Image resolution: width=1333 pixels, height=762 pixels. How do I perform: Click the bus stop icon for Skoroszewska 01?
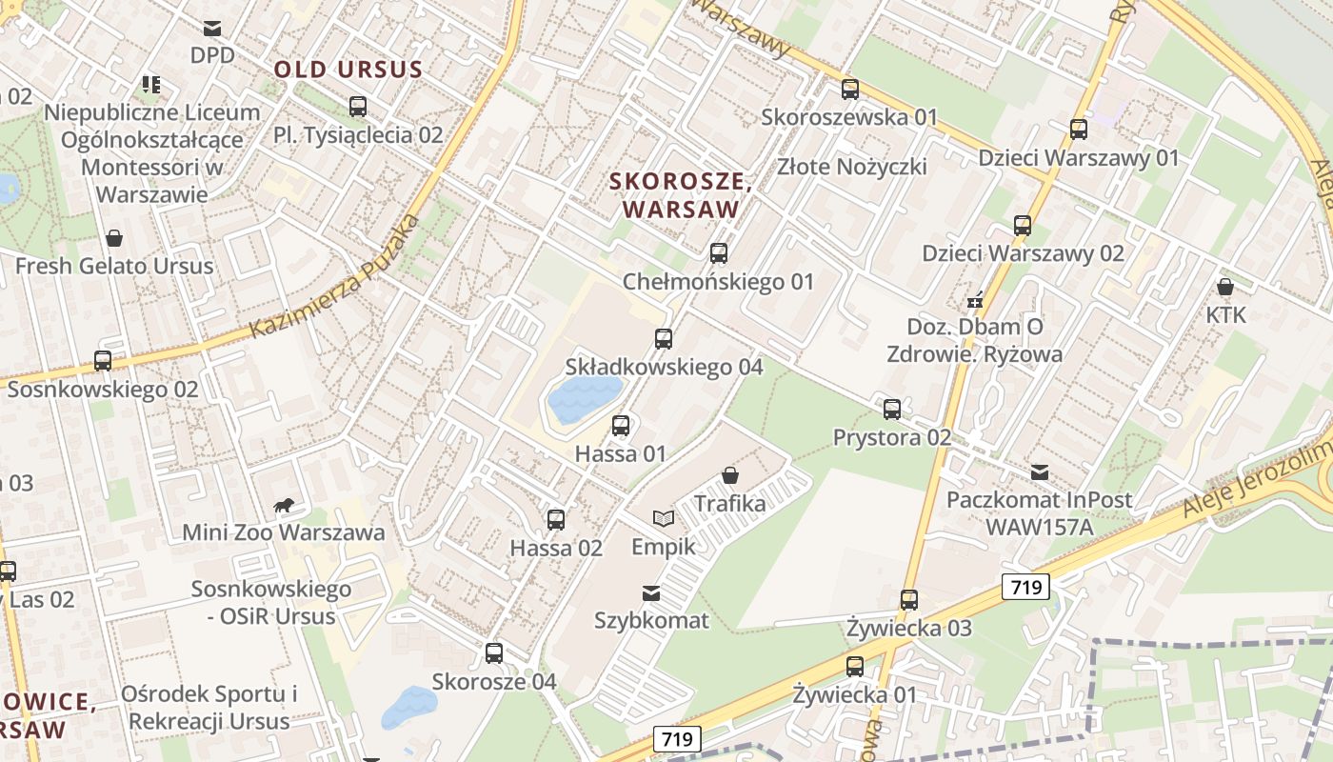point(850,90)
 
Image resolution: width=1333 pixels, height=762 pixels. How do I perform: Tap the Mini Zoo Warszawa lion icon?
point(283,505)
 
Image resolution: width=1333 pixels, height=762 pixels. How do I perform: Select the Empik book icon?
point(664,518)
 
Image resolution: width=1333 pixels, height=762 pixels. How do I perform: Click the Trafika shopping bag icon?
point(730,474)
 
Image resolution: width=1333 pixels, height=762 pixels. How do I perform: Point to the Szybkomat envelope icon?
point(651,593)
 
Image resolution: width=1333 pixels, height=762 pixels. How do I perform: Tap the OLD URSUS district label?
point(348,70)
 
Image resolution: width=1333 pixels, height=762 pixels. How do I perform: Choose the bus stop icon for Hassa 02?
point(556,520)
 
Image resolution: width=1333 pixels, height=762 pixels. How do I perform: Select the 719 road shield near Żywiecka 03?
point(1025,587)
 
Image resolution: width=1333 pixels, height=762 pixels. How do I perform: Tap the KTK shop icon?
point(1225,287)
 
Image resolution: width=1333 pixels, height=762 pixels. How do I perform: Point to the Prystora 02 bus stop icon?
point(892,410)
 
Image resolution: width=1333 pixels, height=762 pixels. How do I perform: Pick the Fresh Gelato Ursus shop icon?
point(114,237)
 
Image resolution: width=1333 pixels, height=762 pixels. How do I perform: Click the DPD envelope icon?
point(211,29)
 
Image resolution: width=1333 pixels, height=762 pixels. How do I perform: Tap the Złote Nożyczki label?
point(851,167)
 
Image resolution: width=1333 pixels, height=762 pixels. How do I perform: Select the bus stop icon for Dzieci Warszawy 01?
point(1079,130)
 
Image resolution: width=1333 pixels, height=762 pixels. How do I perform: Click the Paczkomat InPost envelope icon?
point(1039,471)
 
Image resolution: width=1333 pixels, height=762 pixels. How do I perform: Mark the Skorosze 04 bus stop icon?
point(494,653)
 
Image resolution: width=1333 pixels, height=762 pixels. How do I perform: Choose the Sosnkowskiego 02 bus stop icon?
point(103,361)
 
